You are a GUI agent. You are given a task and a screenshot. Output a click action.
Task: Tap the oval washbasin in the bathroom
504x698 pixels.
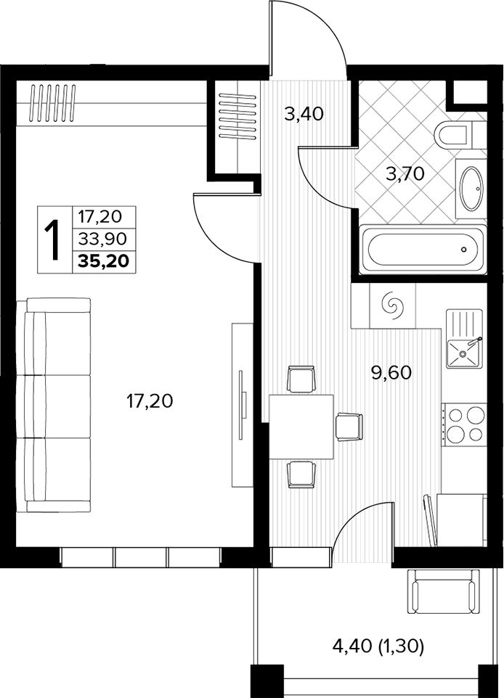tap(471, 189)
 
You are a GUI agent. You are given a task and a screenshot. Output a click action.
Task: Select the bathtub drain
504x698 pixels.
tap(464, 250)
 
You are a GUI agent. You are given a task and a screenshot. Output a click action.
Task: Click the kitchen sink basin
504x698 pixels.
tap(464, 353)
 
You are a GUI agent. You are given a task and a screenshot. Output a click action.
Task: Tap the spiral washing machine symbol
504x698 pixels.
tap(393, 305)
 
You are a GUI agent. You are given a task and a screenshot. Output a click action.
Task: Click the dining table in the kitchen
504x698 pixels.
tap(301, 427)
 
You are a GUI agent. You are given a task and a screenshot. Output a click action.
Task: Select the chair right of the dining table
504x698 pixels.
tap(349, 427)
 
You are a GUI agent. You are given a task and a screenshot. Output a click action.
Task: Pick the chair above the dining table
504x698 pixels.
tap(301, 379)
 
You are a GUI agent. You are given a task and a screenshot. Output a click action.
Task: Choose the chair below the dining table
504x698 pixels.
tap(301, 475)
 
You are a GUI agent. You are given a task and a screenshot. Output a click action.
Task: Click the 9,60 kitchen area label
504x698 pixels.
tap(391, 373)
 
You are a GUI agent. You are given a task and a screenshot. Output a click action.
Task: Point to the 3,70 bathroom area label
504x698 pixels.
tap(405, 173)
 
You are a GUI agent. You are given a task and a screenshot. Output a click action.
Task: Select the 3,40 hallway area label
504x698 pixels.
tap(304, 115)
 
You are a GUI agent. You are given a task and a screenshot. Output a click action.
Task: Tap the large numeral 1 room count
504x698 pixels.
tap(54, 239)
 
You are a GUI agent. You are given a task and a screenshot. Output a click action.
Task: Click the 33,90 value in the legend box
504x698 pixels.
tap(102, 239)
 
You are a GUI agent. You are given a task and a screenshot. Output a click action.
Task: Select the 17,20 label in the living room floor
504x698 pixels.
tap(150, 401)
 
